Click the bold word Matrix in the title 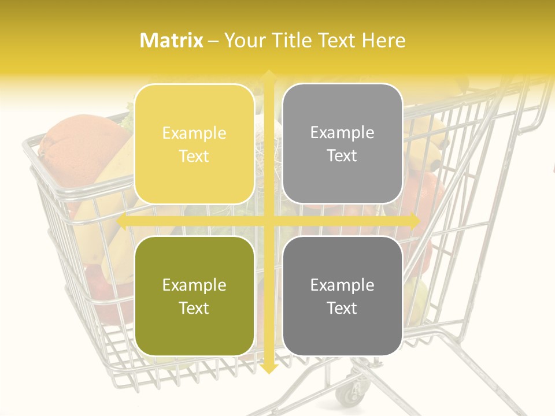coord(172,40)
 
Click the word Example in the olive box coord(194,285)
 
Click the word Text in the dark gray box coord(342,308)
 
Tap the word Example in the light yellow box coord(194,133)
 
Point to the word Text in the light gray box coord(342,155)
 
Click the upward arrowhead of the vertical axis coord(269,76)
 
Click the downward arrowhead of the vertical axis coord(269,368)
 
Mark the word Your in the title coord(245,40)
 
